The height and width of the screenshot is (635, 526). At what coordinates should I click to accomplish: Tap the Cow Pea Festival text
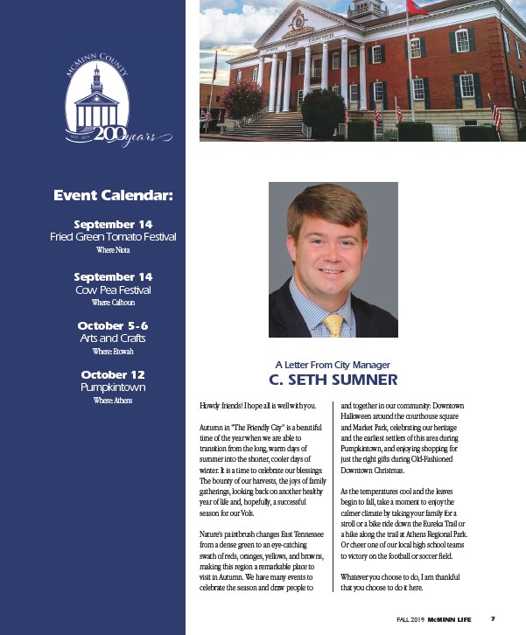coord(114,289)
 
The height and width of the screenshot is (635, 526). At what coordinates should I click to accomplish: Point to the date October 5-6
coord(114,325)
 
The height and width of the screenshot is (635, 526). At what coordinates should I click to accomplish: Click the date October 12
coord(114,374)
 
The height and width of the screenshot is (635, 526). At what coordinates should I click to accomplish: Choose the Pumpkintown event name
coord(114,387)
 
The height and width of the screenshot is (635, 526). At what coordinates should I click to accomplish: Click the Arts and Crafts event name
coord(114,338)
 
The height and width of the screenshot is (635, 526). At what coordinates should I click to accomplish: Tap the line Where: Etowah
coord(114,351)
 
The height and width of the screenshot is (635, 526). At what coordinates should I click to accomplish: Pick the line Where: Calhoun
coord(114,302)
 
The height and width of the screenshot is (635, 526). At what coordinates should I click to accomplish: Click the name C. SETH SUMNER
coord(333,380)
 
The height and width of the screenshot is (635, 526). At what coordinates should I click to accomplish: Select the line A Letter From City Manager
coord(333,365)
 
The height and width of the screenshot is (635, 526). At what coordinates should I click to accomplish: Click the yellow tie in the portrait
coord(333,324)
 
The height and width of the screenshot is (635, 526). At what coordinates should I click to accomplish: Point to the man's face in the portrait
coord(331,249)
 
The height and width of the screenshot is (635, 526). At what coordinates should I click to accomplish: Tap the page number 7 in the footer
coord(493,619)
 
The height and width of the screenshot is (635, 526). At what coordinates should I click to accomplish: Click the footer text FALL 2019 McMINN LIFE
coord(435,619)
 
